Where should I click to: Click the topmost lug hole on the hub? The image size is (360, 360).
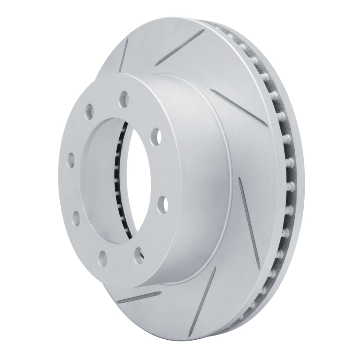pos(124,96)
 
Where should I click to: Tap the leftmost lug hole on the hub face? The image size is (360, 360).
pos(71,159)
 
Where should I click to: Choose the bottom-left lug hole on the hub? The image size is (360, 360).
pos(103,258)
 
